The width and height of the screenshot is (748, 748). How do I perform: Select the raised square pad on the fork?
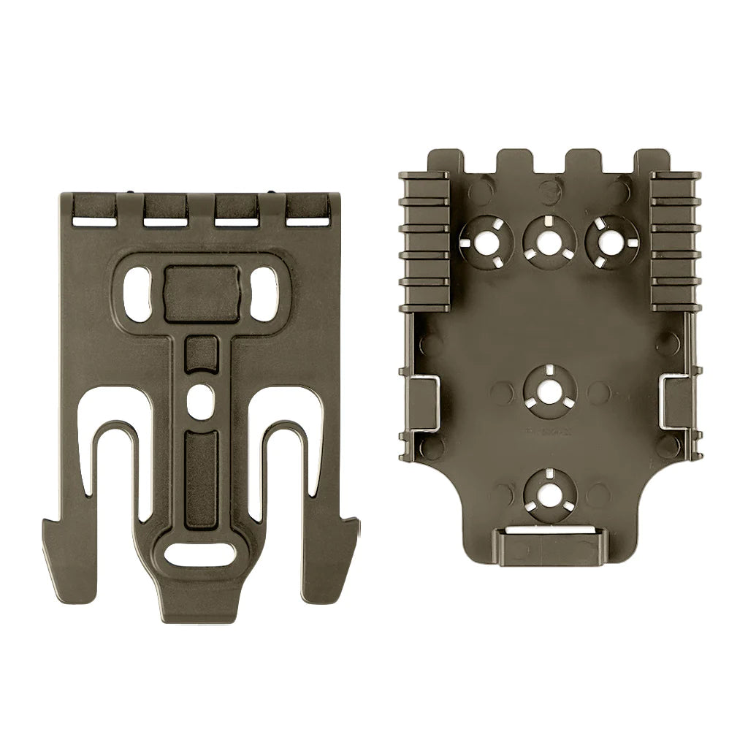202,291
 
